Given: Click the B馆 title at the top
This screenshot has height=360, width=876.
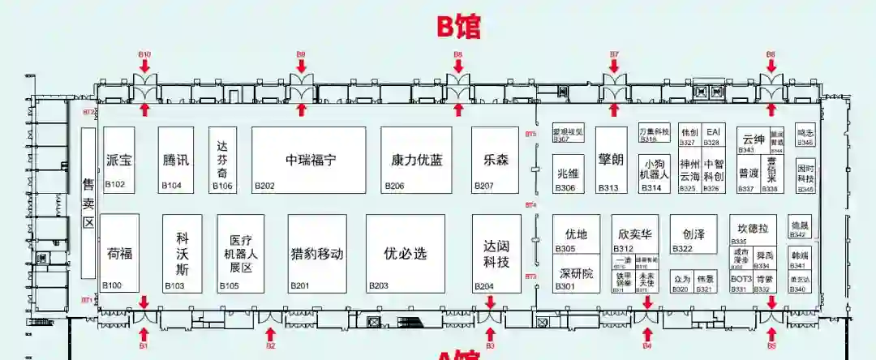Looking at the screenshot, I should [x=458, y=26].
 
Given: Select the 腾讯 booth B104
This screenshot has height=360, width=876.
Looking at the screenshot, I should [x=176, y=160].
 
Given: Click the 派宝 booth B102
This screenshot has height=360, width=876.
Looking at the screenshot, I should [x=119, y=160].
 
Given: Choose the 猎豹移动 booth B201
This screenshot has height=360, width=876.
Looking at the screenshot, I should [x=316, y=253].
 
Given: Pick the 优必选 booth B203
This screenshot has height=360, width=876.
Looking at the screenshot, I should [x=405, y=253].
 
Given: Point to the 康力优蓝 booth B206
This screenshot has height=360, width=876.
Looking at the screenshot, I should [x=416, y=160].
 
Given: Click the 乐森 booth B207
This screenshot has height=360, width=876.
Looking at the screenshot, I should [x=496, y=160].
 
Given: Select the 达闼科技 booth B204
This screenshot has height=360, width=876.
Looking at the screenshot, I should [x=496, y=253].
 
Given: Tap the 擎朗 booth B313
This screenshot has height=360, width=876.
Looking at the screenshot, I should [x=611, y=160].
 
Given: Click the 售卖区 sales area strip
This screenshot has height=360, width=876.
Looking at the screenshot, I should [x=88, y=203].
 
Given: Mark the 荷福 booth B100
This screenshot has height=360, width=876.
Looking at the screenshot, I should [x=119, y=253].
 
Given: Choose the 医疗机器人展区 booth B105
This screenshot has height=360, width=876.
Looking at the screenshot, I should [x=241, y=253].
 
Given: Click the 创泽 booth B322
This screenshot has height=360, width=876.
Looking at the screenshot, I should [x=693, y=234].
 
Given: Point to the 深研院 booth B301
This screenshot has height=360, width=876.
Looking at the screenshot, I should [x=577, y=273].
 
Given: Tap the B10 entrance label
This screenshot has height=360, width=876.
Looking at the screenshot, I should [x=144, y=55].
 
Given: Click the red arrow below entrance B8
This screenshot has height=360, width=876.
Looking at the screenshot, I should [x=458, y=108].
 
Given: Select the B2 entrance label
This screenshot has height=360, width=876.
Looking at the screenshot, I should [x=271, y=346].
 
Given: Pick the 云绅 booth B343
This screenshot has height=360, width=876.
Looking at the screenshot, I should [x=753, y=139].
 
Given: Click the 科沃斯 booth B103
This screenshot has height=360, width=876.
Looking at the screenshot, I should [x=182, y=253].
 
